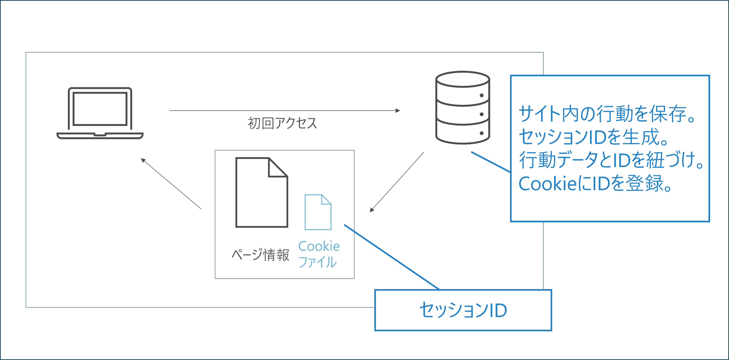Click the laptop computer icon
point(100,113)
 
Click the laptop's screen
point(100,109)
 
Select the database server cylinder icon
point(462,108)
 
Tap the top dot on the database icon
point(482,95)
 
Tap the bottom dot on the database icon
point(482,133)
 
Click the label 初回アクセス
point(282,123)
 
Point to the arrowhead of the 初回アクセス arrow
point(398,111)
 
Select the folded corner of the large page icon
point(278,168)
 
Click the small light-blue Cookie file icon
point(318,212)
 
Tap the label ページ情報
point(260,255)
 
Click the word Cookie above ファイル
point(319,246)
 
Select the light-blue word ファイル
point(318,262)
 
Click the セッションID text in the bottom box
point(463,310)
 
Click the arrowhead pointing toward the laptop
point(143,160)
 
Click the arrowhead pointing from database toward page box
point(371,210)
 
